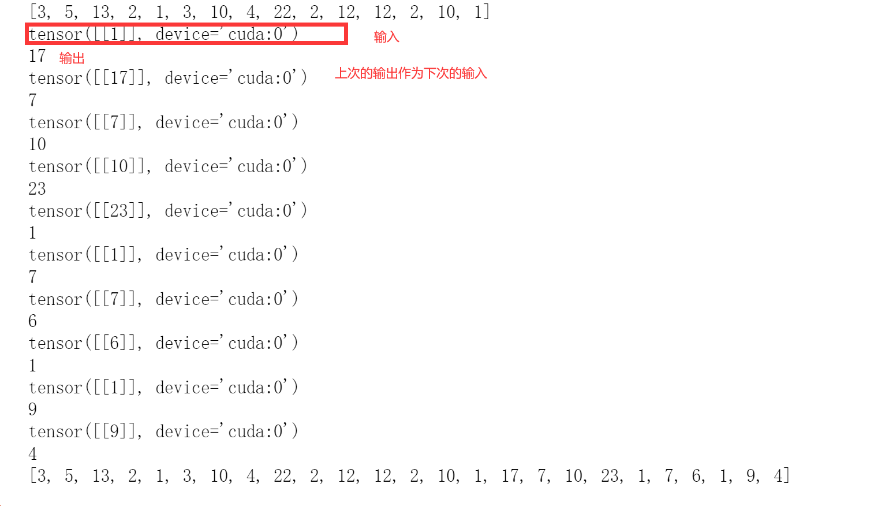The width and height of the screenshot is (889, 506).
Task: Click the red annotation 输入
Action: pyautogui.click(x=386, y=37)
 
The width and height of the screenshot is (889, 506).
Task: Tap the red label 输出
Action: pyautogui.click(x=72, y=58)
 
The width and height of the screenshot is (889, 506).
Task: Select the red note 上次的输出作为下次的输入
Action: pyautogui.click(x=410, y=73)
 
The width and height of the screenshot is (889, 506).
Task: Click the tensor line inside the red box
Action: pyautogui.click(x=163, y=35)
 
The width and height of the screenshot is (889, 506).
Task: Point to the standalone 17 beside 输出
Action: pyautogui.click(x=37, y=56)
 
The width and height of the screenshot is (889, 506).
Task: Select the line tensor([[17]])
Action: pyautogui.click(x=167, y=78)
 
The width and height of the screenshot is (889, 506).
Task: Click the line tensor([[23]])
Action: pyautogui.click(x=167, y=211)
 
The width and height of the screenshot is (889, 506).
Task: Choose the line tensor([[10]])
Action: pyautogui.click(x=167, y=166)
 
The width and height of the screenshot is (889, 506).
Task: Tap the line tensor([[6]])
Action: pyautogui.click(x=163, y=343)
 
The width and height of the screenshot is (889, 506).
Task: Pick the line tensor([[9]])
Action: pyautogui.click(x=163, y=431)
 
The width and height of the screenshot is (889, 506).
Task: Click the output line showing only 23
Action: pyautogui.click(x=37, y=188)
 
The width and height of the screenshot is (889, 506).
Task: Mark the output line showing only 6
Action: pyautogui.click(x=33, y=321)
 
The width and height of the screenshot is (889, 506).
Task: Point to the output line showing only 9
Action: pyautogui.click(x=33, y=410)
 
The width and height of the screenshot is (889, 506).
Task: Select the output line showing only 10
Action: pyautogui.click(x=37, y=144)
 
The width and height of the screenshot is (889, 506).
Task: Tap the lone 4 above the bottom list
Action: pyautogui.click(x=33, y=454)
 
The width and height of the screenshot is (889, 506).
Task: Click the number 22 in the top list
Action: pyautogui.click(x=283, y=12)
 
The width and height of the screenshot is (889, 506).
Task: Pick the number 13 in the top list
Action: pyautogui.click(x=101, y=12)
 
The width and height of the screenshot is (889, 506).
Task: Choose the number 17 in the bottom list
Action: pyautogui.click(x=510, y=476)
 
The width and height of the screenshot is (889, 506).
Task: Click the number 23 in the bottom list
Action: pyautogui.click(x=610, y=476)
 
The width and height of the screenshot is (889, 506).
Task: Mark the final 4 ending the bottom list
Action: pyautogui.click(x=778, y=476)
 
